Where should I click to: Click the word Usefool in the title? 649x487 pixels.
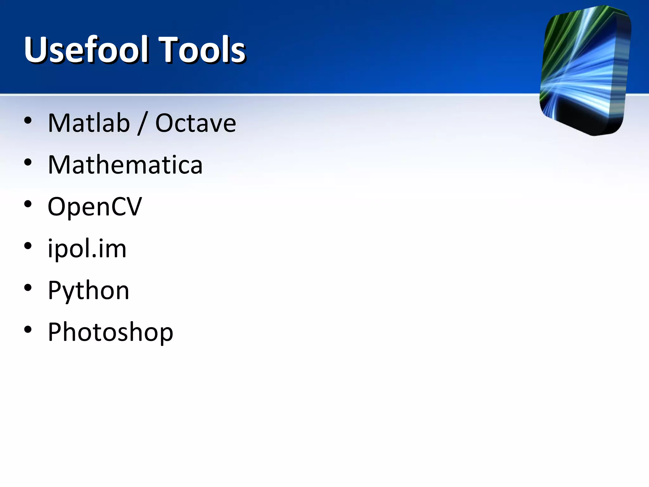tap(86, 49)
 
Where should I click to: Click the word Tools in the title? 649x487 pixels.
tap(202, 49)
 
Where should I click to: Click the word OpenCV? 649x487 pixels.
tap(94, 207)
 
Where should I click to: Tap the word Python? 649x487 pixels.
tap(88, 290)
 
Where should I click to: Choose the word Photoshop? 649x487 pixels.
tap(110, 332)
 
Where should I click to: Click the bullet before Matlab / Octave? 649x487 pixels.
tap(28, 120)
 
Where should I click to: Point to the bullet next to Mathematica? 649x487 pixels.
tap(28, 162)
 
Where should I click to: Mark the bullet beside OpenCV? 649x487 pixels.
tap(28, 204)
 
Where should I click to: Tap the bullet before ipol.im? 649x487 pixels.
tap(28, 246)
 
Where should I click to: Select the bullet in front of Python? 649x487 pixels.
tap(28, 288)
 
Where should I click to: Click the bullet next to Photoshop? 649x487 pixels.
tap(28, 330)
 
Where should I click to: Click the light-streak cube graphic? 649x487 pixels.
tap(585, 70)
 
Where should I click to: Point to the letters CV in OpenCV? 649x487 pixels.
tap(130, 206)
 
